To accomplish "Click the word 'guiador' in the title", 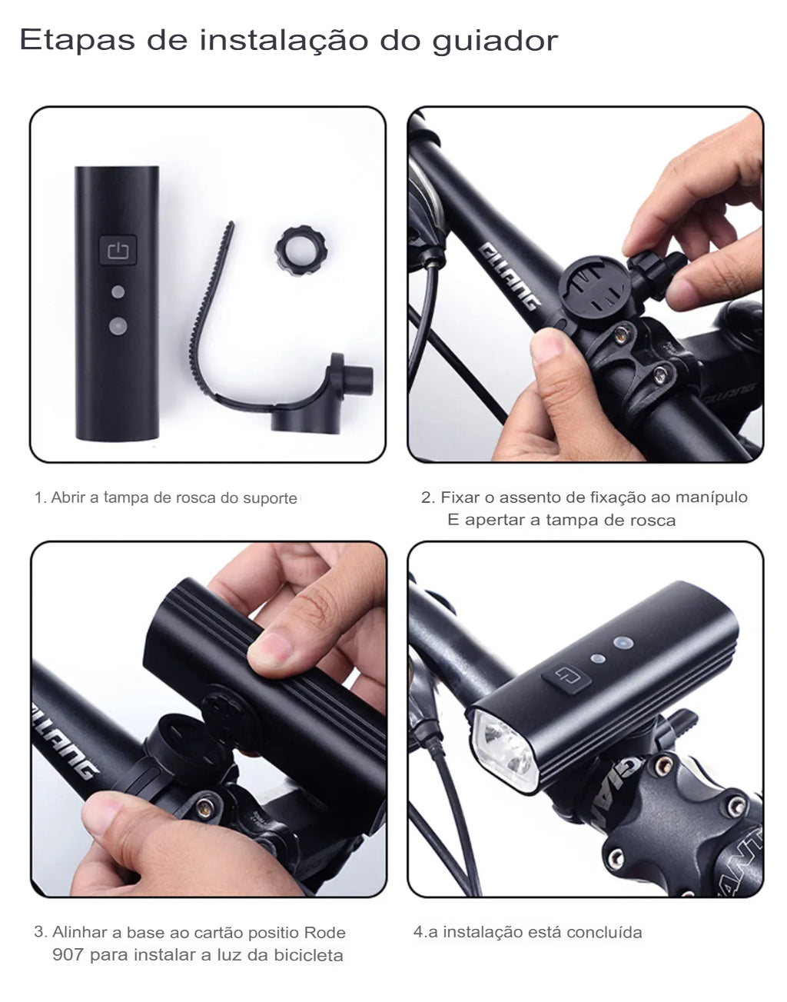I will point(494,40).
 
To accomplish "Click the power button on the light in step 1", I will point(117,250).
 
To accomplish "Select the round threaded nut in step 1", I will point(301,247).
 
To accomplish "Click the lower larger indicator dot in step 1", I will point(118,326).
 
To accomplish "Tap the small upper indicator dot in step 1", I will point(118,292).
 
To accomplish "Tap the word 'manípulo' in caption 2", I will point(711,497).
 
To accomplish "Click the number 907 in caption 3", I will point(68,955).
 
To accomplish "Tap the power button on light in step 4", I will point(566,678).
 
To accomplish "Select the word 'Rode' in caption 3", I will point(324,932).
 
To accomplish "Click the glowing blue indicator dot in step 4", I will point(621,642).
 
